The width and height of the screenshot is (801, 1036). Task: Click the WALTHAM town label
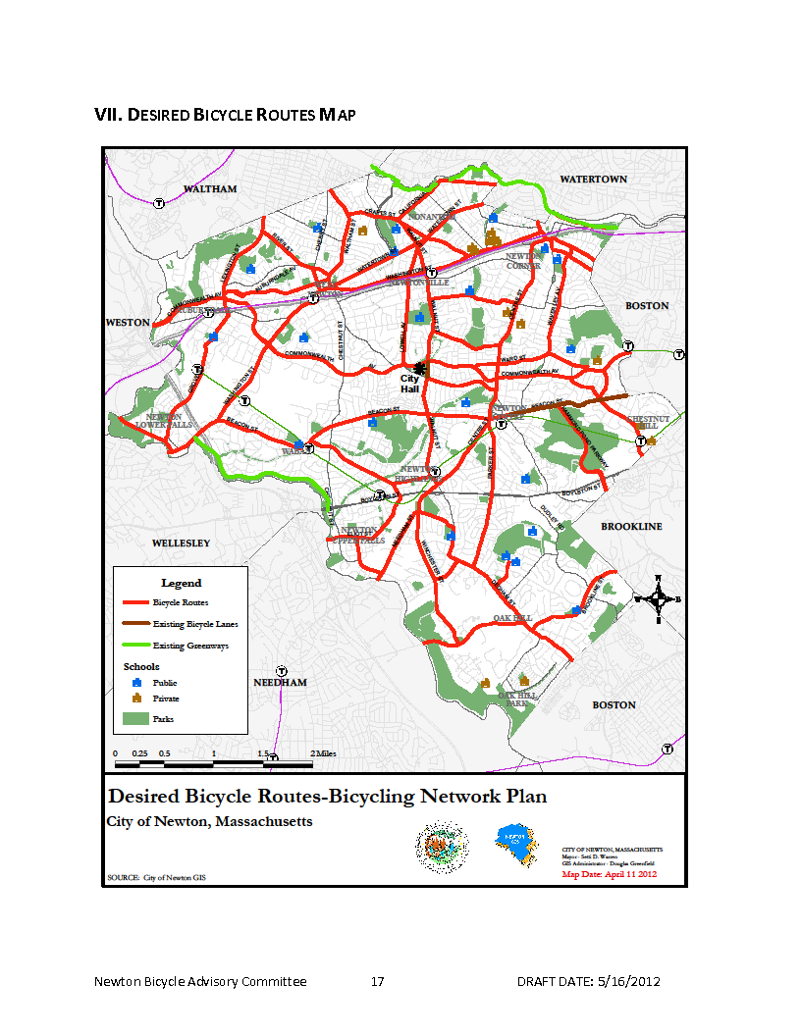(210, 188)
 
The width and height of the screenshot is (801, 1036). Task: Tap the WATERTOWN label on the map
(593, 180)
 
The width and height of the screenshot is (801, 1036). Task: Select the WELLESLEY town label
(181, 543)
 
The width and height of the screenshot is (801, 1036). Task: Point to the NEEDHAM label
(281, 682)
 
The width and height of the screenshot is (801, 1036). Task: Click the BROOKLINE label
(631, 527)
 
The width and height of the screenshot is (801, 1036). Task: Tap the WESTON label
(128, 323)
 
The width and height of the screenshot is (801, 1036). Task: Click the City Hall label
(409, 384)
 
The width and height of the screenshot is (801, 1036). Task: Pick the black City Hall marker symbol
(421, 368)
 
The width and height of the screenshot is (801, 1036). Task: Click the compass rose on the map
(660, 598)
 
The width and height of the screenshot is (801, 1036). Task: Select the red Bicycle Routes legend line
(136, 602)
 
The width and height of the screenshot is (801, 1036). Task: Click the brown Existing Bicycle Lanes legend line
(136, 623)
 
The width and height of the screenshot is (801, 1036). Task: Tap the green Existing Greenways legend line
(136, 646)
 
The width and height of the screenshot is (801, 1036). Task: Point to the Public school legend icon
(137, 682)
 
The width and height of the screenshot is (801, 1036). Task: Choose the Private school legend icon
(137, 699)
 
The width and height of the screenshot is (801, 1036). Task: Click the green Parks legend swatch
(136, 719)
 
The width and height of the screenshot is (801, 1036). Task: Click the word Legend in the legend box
(181, 583)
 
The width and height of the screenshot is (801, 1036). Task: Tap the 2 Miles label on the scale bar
(323, 752)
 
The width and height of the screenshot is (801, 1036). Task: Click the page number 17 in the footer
(377, 982)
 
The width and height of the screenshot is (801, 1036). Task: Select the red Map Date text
(609, 873)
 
